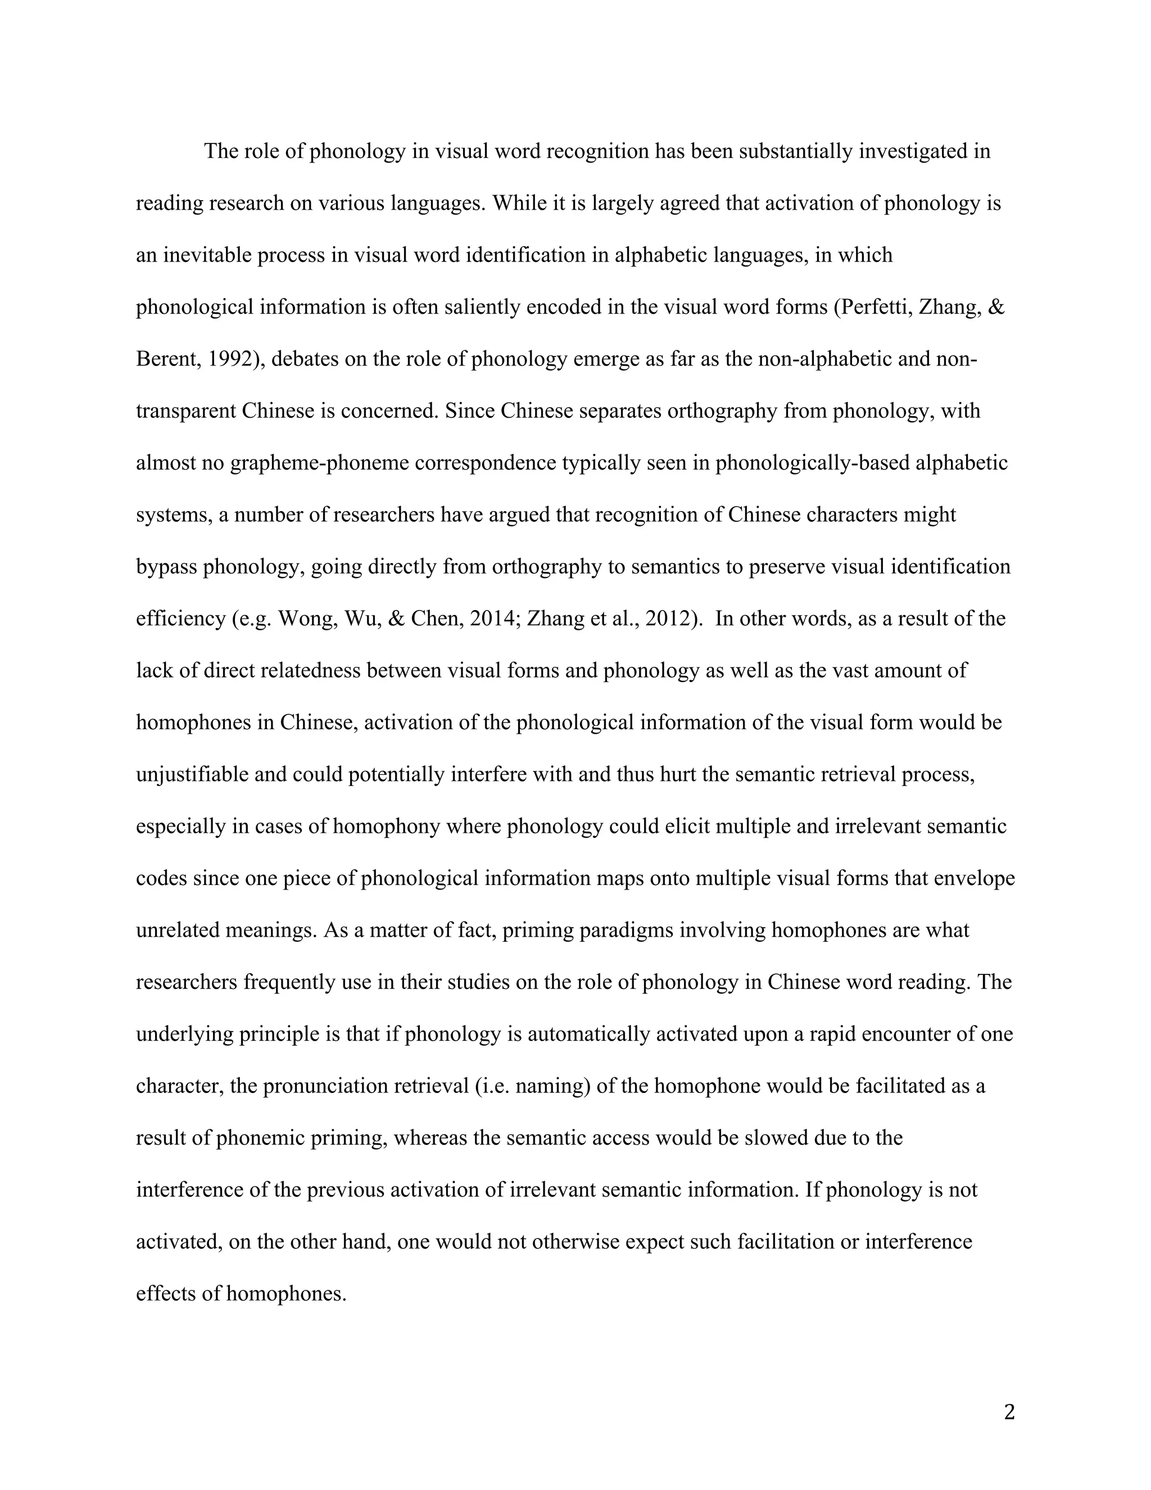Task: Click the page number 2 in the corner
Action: (x=1009, y=1413)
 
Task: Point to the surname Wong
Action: (x=306, y=619)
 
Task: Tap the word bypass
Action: (x=166, y=567)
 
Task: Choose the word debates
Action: (x=305, y=359)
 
